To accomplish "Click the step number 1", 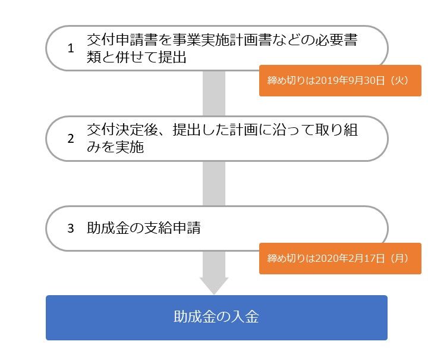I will [71, 49].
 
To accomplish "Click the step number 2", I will [71, 139].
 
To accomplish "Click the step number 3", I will [71, 228].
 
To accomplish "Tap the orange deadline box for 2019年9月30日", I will [340, 80].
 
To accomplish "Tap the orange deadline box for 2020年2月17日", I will [340, 258].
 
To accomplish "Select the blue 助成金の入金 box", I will [216, 317].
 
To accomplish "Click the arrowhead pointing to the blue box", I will [214, 285].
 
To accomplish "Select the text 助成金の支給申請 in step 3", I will [143, 228].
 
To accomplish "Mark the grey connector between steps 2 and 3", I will [214, 183].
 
